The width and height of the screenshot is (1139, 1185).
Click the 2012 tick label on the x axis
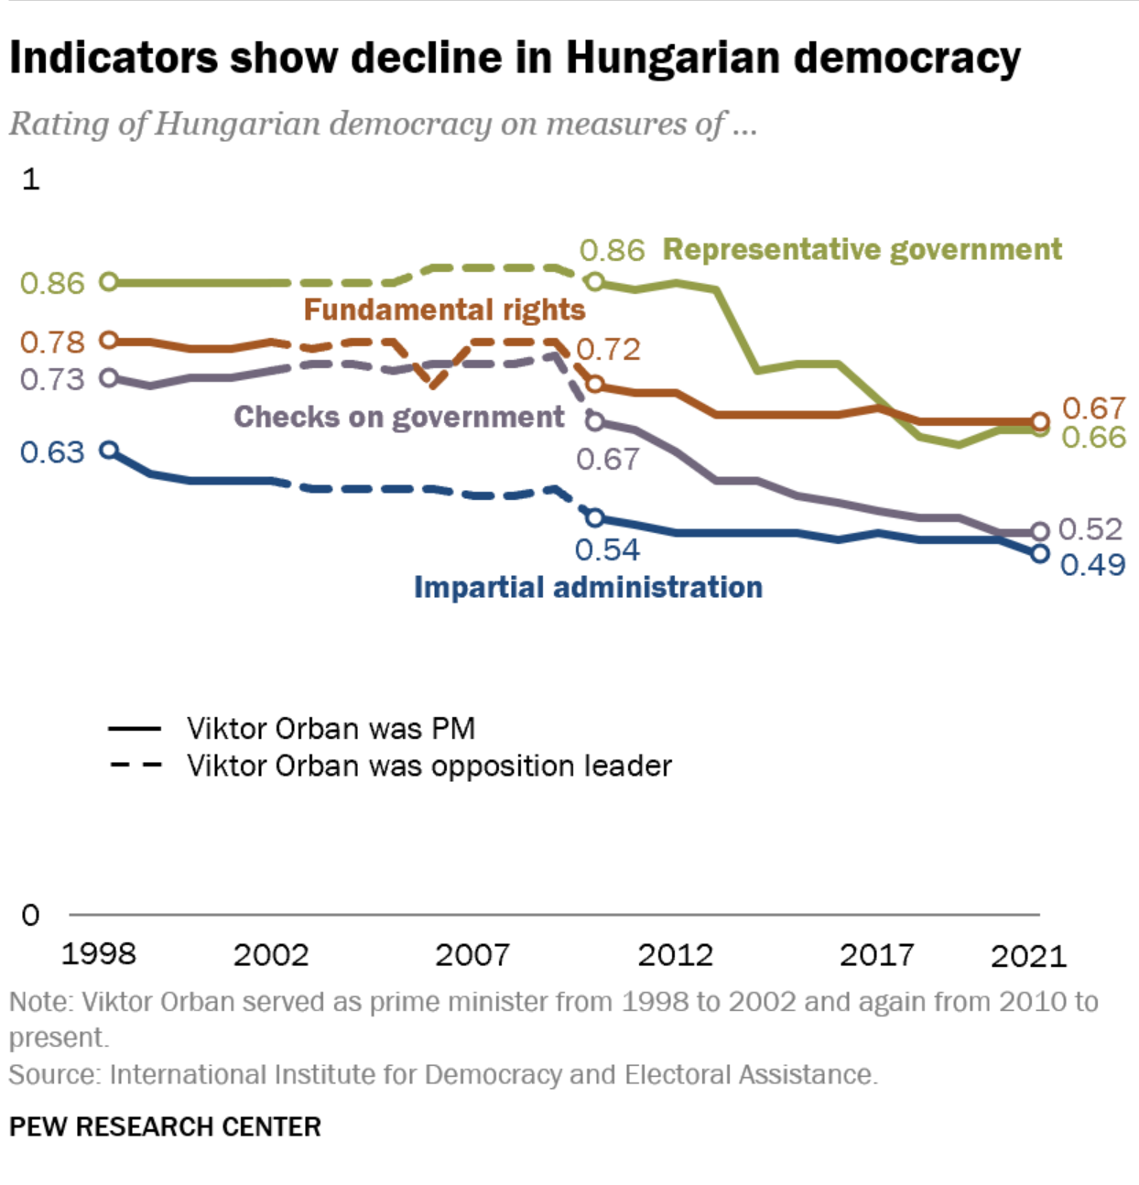pyautogui.click(x=675, y=955)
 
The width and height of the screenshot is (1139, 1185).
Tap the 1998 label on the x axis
pyautogui.click(x=98, y=954)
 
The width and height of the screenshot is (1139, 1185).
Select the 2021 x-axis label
pyautogui.click(x=1028, y=956)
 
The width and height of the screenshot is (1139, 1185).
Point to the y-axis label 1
pyautogui.click(x=31, y=179)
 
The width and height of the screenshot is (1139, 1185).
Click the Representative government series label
pyautogui.click(x=862, y=249)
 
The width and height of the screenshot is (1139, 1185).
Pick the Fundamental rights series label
pyautogui.click(x=444, y=310)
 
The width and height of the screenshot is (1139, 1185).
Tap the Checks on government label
pyautogui.click(x=399, y=417)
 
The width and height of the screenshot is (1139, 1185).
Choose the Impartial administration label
pyautogui.click(x=588, y=587)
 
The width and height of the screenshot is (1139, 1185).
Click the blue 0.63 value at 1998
pyautogui.click(x=52, y=451)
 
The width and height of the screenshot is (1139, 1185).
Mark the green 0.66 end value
pyautogui.click(x=1093, y=438)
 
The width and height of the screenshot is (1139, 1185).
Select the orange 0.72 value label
pyautogui.click(x=608, y=349)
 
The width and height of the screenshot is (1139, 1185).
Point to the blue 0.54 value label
pyautogui.click(x=607, y=549)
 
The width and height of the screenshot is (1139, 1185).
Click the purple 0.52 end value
pyautogui.click(x=1090, y=528)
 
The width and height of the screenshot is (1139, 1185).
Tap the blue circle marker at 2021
pyautogui.click(x=1039, y=553)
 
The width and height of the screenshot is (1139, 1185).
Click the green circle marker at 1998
pyautogui.click(x=108, y=281)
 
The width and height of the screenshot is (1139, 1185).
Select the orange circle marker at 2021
pyautogui.click(x=1039, y=421)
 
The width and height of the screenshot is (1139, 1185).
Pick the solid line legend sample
pyautogui.click(x=135, y=729)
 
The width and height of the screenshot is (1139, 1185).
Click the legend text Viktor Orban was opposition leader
pyautogui.click(x=429, y=766)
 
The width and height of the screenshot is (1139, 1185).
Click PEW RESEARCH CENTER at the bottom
pyautogui.click(x=166, y=1126)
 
